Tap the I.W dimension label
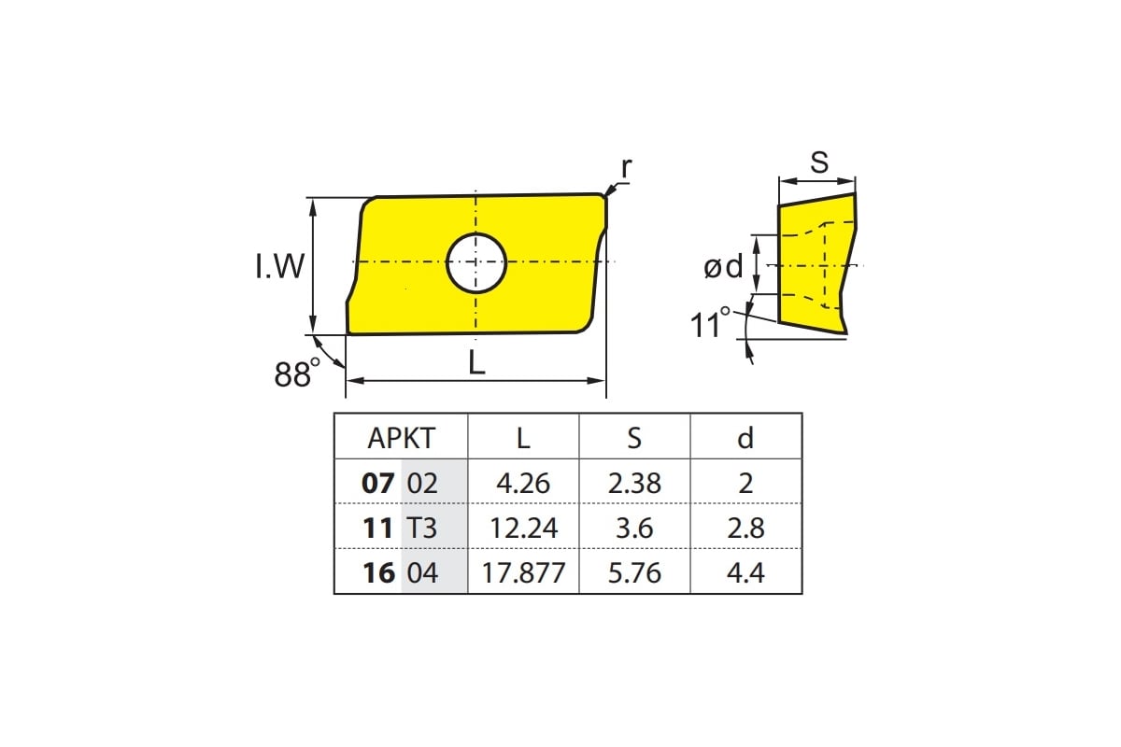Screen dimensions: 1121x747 coord(279,266)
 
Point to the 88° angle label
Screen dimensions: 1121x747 coord(297,373)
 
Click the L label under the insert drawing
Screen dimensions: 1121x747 coord(476,362)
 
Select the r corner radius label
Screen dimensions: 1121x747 coord(626,168)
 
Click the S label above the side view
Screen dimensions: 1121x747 coord(819,162)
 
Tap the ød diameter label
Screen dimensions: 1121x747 coord(724,267)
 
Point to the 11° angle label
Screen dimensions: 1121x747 coord(710,322)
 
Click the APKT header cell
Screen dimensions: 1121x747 coord(402,438)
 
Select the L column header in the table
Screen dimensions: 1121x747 coord(523,438)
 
